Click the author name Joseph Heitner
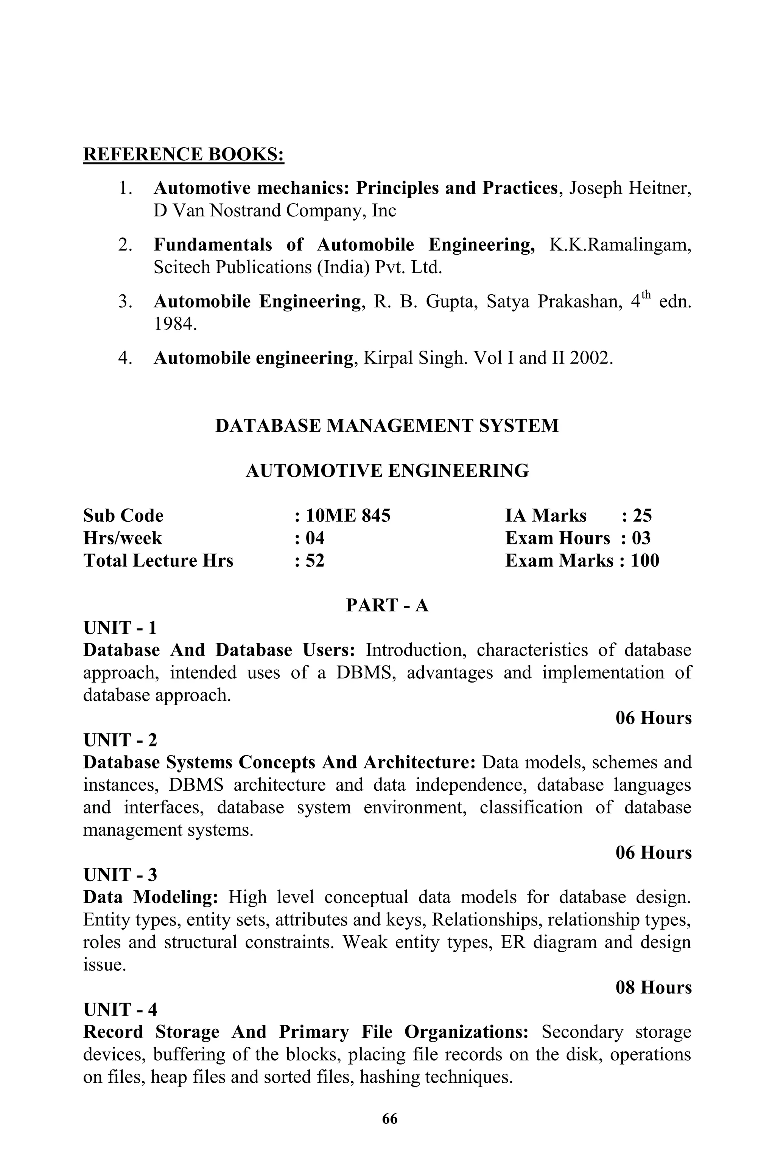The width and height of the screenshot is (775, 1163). [630, 188]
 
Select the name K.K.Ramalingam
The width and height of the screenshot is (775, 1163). [620, 244]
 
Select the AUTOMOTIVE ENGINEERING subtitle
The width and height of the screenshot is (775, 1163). [387, 471]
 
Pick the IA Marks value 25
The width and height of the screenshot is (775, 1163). [642, 516]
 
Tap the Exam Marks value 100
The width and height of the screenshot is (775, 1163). [644, 561]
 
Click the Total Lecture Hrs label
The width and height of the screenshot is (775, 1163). [158, 561]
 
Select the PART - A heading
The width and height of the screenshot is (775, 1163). [387, 605]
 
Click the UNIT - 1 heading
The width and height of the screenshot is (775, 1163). [120, 628]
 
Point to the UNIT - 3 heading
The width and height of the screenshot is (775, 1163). [120, 875]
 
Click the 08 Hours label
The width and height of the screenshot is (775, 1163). [654, 987]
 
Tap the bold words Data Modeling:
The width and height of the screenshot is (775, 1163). [147, 898]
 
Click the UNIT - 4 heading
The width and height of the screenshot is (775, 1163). [120, 1010]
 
